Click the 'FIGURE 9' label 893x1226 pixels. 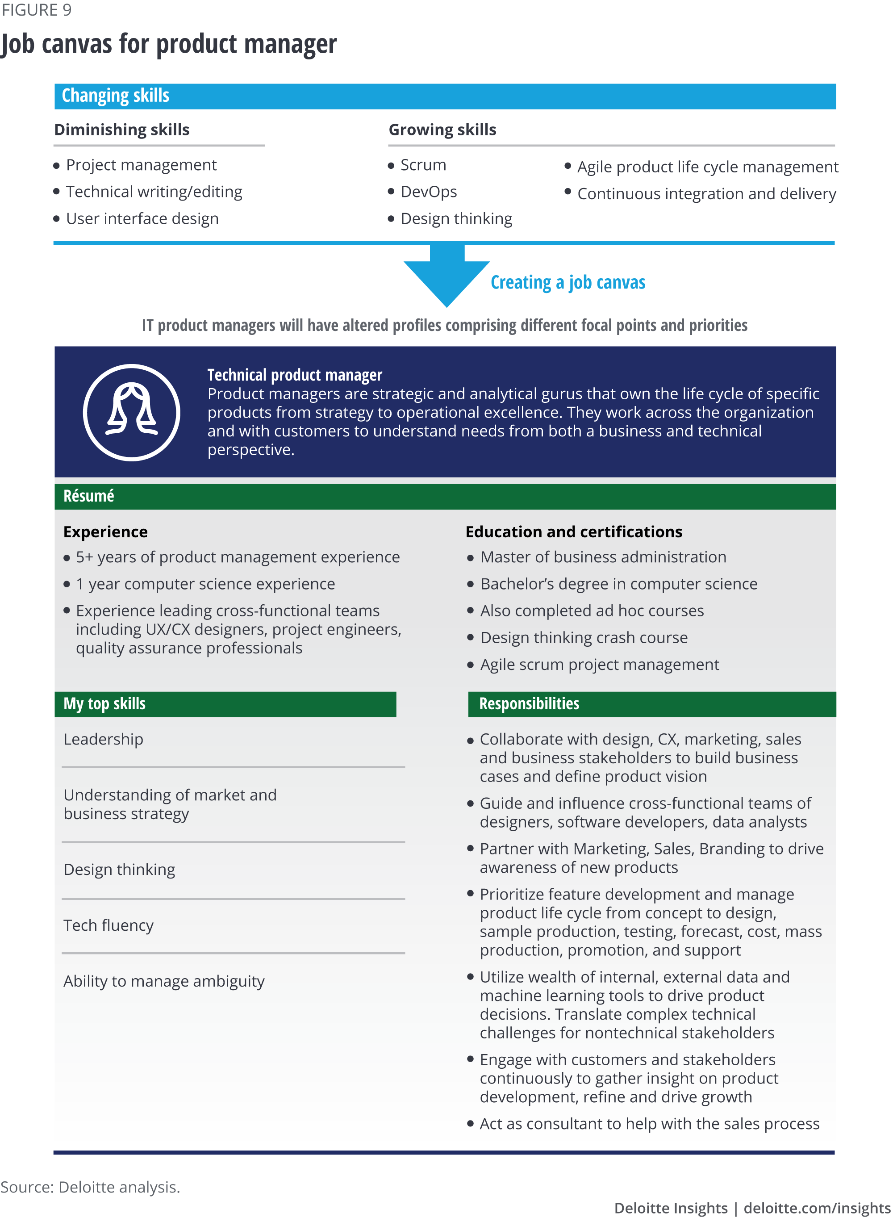(36, 10)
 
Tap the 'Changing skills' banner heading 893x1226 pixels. (115, 96)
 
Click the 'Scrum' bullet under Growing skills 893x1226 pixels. (423, 165)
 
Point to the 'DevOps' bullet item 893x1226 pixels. (428, 192)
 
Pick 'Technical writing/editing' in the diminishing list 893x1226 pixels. (154, 192)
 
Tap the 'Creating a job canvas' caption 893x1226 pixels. (568, 282)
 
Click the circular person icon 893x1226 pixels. (131, 412)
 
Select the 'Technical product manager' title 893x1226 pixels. (295, 375)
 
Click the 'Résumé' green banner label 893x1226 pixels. (89, 496)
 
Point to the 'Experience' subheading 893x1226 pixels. (105, 532)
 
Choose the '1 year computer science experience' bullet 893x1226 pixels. (205, 584)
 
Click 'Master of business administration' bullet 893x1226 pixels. (603, 557)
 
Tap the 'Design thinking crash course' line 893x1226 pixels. (584, 637)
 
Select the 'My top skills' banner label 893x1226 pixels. (104, 703)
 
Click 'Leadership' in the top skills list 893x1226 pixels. (103, 739)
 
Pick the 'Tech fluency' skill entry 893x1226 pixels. (108, 925)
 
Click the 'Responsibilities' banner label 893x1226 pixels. (529, 703)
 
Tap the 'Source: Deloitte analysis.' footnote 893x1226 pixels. (90, 1187)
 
